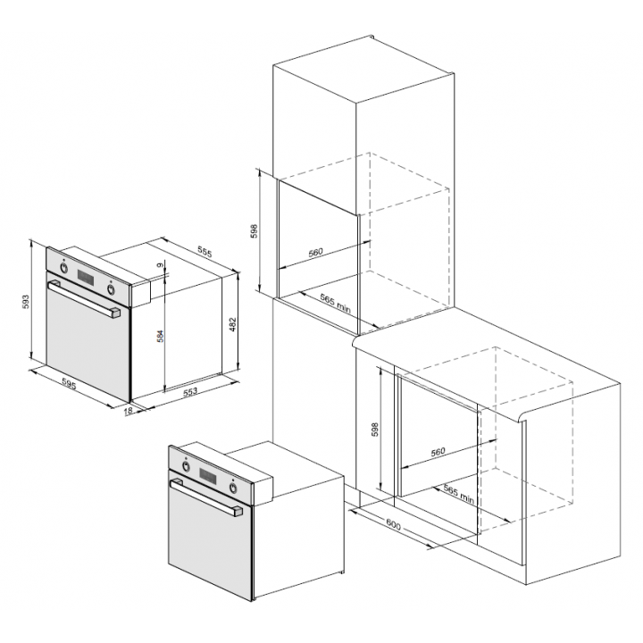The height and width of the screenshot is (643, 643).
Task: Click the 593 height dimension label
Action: coord(26,302)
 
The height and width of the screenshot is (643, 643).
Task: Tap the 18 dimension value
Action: coord(128,411)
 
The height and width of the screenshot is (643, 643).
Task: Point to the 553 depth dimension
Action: coord(190,392)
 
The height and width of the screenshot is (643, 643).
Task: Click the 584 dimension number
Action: coord(161,336)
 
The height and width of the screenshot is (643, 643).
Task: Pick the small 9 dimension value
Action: coord(161,265)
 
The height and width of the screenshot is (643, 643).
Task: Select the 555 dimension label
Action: coord(205,252)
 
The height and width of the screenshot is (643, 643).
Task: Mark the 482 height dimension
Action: coord(232,325)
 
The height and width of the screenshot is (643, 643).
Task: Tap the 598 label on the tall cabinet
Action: coord(255,231)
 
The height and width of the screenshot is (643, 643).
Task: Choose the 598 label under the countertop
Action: coord(375,429)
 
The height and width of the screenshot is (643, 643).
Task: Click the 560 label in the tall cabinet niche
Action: coord(315,252)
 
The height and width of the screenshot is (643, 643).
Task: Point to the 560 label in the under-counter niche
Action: coord(438,452)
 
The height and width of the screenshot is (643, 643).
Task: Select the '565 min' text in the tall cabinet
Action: coord(336,304)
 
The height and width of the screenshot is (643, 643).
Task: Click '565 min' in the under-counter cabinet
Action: coord(458,494)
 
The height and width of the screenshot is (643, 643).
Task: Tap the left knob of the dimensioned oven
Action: coord(63,268)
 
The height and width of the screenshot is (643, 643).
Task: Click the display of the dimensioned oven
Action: coord(86,278)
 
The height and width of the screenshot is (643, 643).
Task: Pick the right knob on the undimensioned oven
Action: coord(233,488)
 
